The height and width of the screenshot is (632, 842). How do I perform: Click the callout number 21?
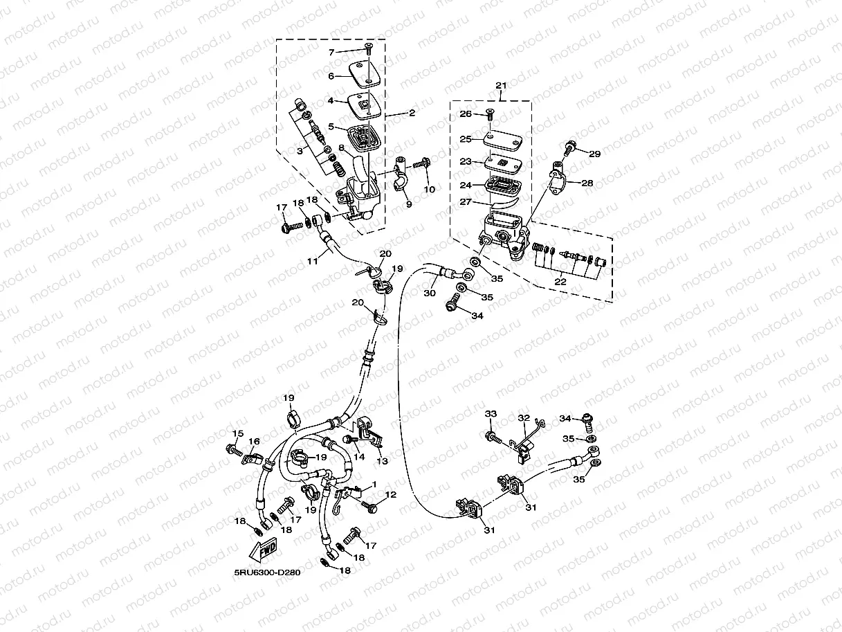click(502, 86)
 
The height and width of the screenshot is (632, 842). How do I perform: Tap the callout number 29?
click(595, 154)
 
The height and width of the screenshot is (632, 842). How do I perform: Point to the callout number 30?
click(429, 294)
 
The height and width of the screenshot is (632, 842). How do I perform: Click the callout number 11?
click(313, 260)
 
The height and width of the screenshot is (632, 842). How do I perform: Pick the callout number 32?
click(524, 418)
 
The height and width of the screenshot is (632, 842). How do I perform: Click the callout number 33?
click(491, 414)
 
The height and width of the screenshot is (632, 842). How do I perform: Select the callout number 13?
click(382, 461)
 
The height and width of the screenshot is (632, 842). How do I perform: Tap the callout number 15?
click(238, 434)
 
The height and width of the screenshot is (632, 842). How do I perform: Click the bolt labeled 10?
click(420, 165)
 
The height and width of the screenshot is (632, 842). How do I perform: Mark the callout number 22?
click(560, 282)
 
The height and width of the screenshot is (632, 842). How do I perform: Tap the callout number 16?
click(254, 442)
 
